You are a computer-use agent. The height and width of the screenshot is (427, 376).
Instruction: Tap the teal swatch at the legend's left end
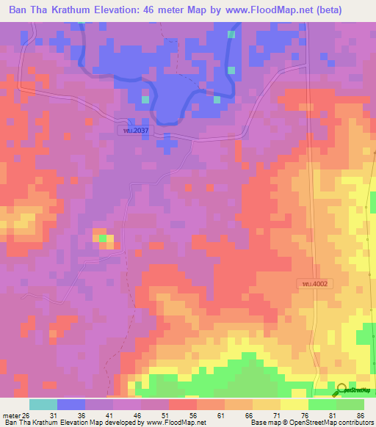(x=43, y=404)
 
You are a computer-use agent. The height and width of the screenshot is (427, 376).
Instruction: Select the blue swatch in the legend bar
(x=71, y=404)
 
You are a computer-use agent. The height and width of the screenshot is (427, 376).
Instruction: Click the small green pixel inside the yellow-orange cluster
(x=104, y=238)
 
